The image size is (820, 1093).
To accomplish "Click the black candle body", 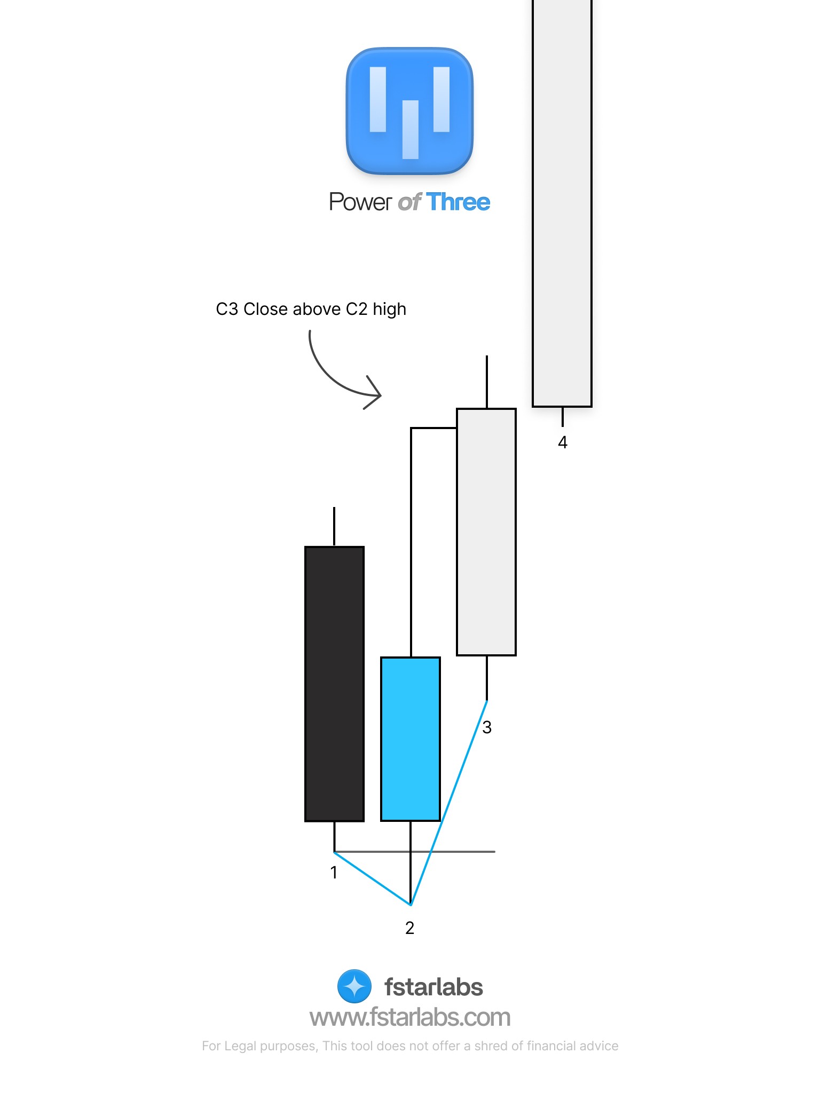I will tap(334, 684).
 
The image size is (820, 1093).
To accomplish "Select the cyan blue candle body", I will tap(410, 739).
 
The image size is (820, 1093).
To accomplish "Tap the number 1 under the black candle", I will tap(334, 873).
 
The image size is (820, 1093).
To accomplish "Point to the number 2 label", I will tap(409, 928).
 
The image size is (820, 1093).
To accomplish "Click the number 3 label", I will tap(487, 727).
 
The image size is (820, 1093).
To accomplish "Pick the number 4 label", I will tap(562, 442).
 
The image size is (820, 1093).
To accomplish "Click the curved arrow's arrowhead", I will tap(376, 394).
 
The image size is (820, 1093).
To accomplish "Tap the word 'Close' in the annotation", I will tap(265, 309).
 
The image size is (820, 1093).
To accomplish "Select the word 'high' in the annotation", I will tap(389, 310).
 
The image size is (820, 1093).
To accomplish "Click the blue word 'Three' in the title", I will tap(458, 202).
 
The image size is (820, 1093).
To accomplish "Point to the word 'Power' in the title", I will tap(360, 202).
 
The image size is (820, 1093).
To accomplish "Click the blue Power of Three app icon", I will tap(409, 111).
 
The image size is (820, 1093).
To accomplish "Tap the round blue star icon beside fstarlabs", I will tap(354, 986).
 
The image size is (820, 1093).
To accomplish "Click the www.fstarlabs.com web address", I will tap(410, 1017).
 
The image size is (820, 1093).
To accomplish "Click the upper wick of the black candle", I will tap(334, 526).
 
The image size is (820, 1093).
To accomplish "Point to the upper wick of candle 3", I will tap(486, 381).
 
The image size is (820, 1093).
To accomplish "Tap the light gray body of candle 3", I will tap(486, 532).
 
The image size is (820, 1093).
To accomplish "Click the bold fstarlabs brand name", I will tap(433, 987).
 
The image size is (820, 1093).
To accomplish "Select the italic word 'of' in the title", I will tap(409, 202).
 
